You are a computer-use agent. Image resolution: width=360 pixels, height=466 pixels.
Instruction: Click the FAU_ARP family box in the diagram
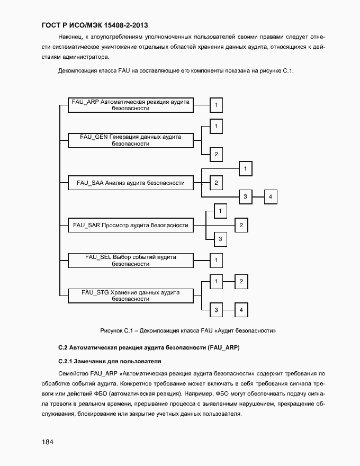click(x=131, y=105)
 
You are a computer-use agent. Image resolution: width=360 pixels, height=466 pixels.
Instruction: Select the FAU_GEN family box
click(x=131, y=140)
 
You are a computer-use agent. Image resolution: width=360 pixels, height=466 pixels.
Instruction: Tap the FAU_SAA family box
click(x=131, y=183)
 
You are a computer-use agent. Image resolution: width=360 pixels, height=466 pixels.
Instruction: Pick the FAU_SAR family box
click(x=131, y=225)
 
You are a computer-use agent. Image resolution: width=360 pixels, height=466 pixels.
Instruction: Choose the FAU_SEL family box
click(x=131, y=260)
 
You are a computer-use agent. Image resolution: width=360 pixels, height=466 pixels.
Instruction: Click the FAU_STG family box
click(x=131, y=295)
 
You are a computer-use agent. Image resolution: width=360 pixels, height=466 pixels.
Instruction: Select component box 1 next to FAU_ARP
click(x=216, y=105)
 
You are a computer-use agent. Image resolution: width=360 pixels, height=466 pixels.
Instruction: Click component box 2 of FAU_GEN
click(x=216, y=155)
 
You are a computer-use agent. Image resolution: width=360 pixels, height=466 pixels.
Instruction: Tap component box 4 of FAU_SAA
click(x=271, y=197)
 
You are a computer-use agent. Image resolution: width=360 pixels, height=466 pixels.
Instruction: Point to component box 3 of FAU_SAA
click(x=245, y=197)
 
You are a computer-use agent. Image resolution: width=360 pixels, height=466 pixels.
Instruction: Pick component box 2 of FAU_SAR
click(x=241, y=226)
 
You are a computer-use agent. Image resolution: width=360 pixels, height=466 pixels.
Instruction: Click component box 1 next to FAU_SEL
click(x=216, y=261)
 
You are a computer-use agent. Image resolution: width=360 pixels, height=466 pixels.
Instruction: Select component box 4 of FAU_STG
click(x=241, y=310)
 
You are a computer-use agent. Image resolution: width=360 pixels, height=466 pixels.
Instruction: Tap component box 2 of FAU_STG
click(x=241, y=282)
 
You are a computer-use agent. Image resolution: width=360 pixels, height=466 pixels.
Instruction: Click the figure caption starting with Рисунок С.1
click(x=188, y=330)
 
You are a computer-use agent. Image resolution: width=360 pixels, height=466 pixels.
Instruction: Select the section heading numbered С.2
click(x=156, y=347)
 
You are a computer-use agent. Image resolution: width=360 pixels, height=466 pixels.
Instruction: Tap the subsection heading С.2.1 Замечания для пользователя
click(x=109, y=361)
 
